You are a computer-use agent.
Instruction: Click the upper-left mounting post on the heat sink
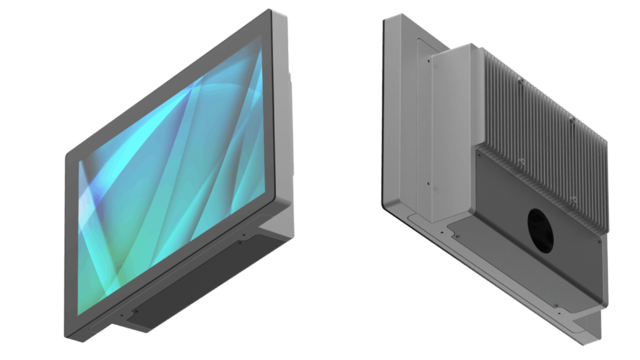[x=521, y=81]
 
